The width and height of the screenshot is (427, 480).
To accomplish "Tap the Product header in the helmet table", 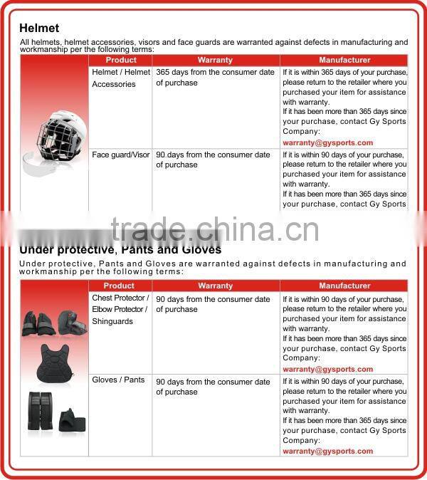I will click(x=120, y=61).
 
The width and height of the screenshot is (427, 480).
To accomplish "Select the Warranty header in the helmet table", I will click(x=215, y=61).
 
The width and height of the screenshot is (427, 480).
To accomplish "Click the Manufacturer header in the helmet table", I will click(x=344, y=61).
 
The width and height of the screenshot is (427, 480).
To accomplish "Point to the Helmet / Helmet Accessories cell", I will click(x=120, y=78).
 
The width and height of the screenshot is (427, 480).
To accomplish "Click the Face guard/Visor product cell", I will click(x=120, y=155).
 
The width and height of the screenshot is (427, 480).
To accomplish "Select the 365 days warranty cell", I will click(x=213, y=78).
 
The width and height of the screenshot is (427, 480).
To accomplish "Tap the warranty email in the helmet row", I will click(x=327, y=142).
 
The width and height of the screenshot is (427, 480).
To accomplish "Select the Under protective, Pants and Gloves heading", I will click(x=120, y=250).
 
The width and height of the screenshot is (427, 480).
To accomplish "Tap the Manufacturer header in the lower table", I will click(x=344, y=286).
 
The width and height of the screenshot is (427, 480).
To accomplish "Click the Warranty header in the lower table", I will click(x=215, y=286).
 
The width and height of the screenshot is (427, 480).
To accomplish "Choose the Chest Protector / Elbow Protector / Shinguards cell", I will click(x=120, y=309).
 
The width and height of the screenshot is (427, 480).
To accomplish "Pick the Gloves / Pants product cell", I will click(x=118, y=380).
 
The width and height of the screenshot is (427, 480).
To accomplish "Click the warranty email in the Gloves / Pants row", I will click(x=327, y=451).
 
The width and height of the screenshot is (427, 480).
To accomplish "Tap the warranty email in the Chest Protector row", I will click(x=327, y=369).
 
